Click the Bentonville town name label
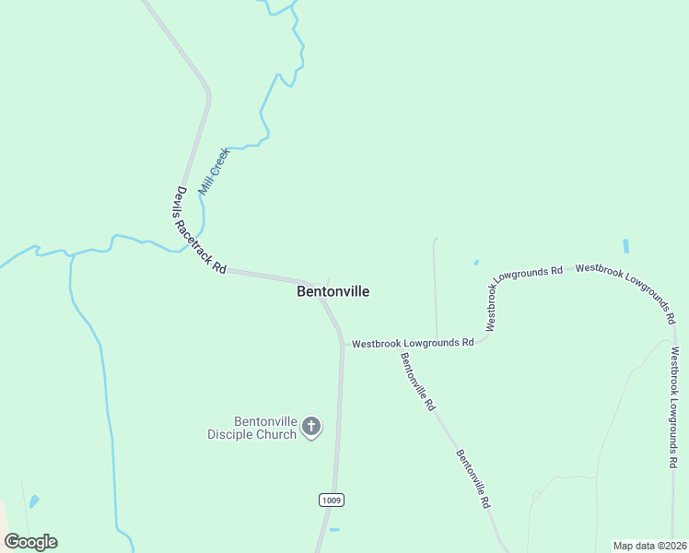tap(333, 291)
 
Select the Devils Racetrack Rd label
tap(200, 230)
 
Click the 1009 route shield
tap(332, 500)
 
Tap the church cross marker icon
tap(311, 427)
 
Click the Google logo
tap(30, 542)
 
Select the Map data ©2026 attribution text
tap(649, 546)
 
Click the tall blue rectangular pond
tap(626, 246)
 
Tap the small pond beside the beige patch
tap(34, 502)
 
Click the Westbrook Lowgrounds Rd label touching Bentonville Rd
tap(412, 342)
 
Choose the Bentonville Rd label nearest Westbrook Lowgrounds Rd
tap(417, 382)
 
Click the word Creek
tap(218, 160)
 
